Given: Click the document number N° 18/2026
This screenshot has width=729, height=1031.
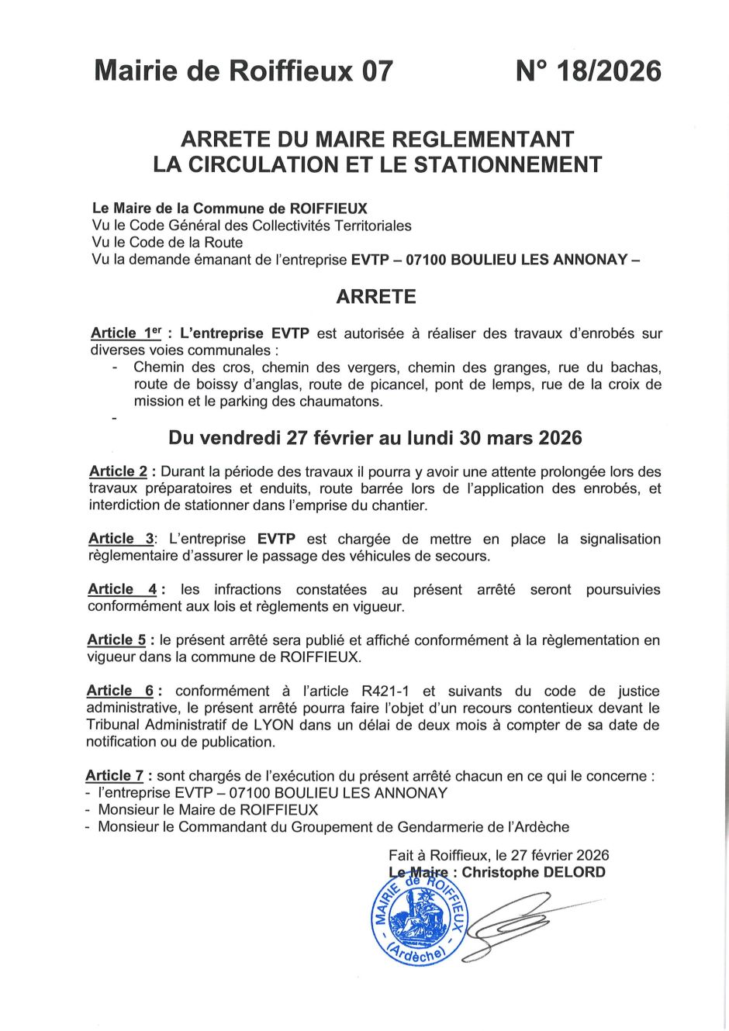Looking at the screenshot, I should [x=588, y=71].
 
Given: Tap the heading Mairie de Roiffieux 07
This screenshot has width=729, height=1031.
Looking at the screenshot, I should [x=244, y=71].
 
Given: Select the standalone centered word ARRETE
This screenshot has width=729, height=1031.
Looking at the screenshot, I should [x=376, y=297].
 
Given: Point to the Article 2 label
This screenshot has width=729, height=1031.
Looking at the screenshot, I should [x=118, y=471].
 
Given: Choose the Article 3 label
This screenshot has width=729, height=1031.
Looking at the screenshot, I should [x=121, y=539].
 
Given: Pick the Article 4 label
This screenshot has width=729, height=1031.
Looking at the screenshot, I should [x=122, y=590].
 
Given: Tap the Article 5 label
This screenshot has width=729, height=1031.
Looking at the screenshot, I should [x=116, y=640].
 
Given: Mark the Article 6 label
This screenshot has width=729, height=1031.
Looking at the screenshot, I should [x=120, y=691].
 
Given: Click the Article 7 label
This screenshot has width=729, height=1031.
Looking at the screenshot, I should [x=115, y=776].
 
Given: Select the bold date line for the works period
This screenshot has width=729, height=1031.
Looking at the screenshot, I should [x=375, y=438].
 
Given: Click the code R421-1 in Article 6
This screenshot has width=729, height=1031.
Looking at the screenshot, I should [x=387, y=691].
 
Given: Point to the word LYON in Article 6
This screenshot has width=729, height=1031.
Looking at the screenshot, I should [x=273, y=726].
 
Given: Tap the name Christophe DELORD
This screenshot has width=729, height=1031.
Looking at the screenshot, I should [x=534, y=873].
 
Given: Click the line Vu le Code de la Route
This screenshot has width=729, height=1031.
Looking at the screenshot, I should [x=167, y=243].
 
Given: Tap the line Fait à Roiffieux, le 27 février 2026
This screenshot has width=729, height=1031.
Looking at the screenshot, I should [x=499, y=856].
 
